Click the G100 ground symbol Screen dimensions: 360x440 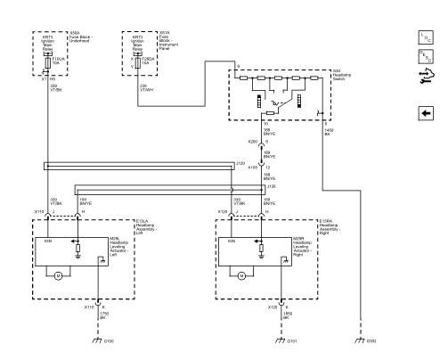coord(98,339)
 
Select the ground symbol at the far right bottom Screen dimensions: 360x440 coord(360,339)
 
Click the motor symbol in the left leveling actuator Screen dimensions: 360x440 coord(57,276)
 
